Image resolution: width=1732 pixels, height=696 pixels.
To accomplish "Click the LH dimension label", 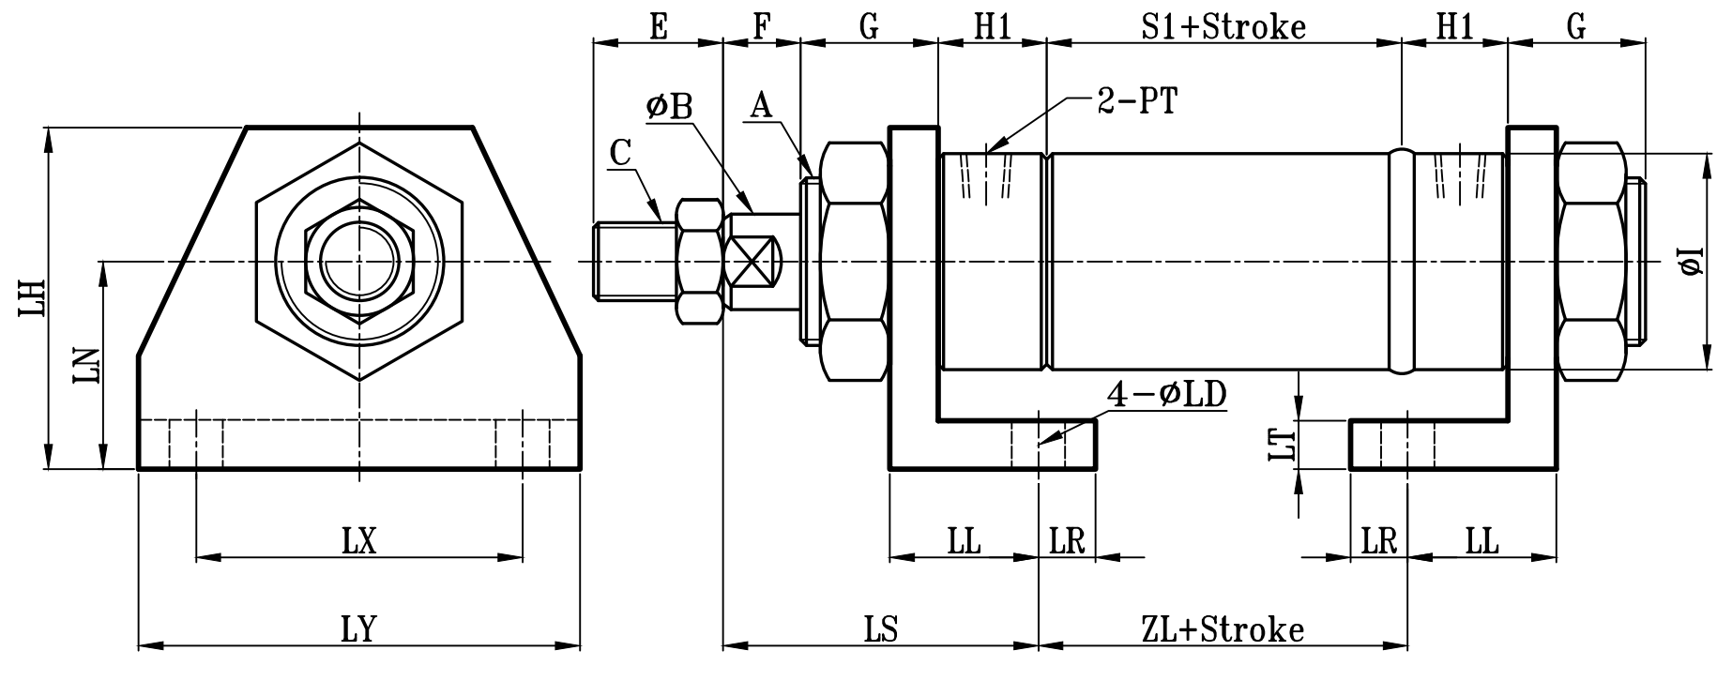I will [x=34, y=297].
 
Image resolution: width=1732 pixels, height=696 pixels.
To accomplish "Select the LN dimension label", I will [x=86, y=366].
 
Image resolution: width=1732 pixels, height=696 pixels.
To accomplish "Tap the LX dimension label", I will [x=358, y=541].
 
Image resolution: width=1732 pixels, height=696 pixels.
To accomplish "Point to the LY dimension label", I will [x=358, y=628].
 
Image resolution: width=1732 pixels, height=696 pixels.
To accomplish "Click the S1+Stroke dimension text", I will [x=1223, y=26].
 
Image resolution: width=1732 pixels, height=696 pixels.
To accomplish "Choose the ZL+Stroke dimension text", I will [x=1223, y=628].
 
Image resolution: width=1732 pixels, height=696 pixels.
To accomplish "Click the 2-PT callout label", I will [x=1136, y=101].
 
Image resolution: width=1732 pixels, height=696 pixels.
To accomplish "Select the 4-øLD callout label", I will [x=1167, y=395].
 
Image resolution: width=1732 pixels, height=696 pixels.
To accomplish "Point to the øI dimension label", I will [x=1692, y=261].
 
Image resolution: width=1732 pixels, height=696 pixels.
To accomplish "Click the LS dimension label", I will [x=880, y=628].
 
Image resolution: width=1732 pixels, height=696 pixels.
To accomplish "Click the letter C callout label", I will [x=619, y=152].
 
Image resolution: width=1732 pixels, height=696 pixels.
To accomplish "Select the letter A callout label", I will [x=760, y=106].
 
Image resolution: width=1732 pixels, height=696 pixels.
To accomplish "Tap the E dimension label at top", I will [x=658, y=26].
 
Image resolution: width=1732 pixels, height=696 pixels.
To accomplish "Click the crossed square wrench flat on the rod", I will [x=753, y=262].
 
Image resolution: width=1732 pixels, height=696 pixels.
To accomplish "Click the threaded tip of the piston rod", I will [x=631, y=261].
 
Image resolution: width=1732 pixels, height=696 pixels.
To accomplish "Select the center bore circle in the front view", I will [x=359, y=261].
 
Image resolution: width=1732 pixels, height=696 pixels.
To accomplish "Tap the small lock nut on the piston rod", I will [x=700, y=261].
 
